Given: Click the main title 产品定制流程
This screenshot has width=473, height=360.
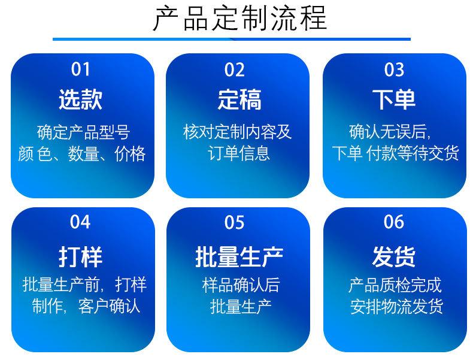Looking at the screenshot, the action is (240, 18).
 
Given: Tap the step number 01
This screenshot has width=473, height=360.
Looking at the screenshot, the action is (81, 69).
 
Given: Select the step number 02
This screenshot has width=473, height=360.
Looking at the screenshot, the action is (234, 69).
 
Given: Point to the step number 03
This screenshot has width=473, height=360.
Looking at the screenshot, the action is (394, 69).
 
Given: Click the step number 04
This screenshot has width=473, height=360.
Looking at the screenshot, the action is (80, 222).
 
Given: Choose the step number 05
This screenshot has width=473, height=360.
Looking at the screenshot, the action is (234, 222).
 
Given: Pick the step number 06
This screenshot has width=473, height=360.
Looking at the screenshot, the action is (394, 222).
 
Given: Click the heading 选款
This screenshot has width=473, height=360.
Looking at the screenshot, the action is (81, 99).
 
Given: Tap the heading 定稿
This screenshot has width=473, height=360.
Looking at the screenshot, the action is (239, 99).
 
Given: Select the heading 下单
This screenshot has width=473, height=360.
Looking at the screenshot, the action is (394, 99).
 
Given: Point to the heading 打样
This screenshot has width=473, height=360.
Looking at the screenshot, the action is (81, 257).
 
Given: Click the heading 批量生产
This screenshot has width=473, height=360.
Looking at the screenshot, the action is (239, 257).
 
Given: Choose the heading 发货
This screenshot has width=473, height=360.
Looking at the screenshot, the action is (394, 257).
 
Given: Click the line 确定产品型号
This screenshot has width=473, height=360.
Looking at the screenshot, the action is (84, 132).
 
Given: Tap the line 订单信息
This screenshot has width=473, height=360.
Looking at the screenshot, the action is (239, 153).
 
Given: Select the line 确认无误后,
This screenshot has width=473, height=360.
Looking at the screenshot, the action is (390, 132).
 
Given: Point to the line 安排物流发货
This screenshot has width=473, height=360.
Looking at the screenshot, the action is (397, 306).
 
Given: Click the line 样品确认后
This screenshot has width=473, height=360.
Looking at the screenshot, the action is (241, 285).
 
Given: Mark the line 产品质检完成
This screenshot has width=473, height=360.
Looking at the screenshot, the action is (395, 285).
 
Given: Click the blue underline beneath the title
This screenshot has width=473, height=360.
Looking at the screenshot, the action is (232, 39).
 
